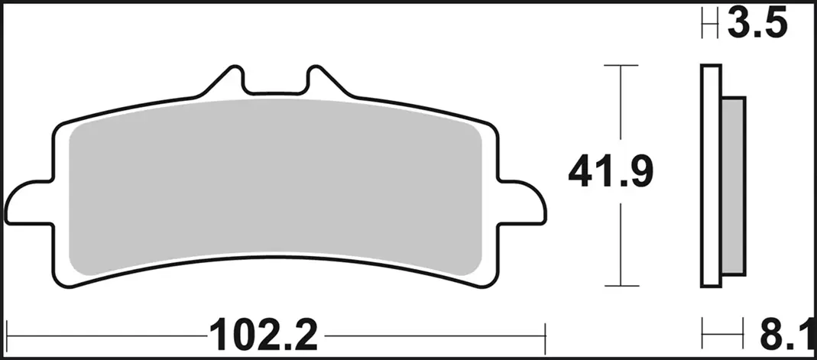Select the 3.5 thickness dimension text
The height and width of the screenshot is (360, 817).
(757, 22)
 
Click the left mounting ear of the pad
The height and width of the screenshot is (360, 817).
(28, 203)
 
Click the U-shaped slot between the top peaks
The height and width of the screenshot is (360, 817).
(274, 92)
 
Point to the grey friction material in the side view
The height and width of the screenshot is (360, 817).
(733, 186)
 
